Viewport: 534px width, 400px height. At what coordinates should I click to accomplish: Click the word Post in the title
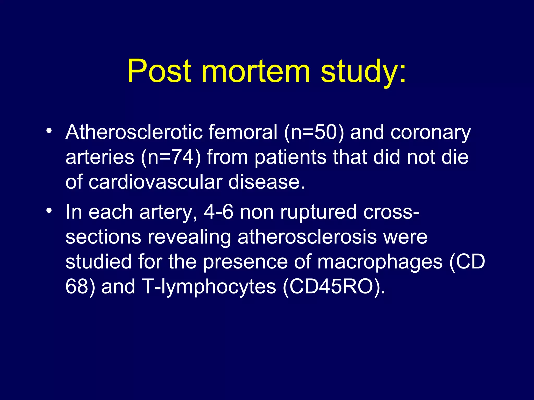point(159,71)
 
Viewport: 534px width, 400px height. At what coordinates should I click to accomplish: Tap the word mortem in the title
point(256,71)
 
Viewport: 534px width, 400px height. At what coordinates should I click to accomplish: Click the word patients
point(290,158)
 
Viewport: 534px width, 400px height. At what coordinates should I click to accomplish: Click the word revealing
point(189,237)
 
